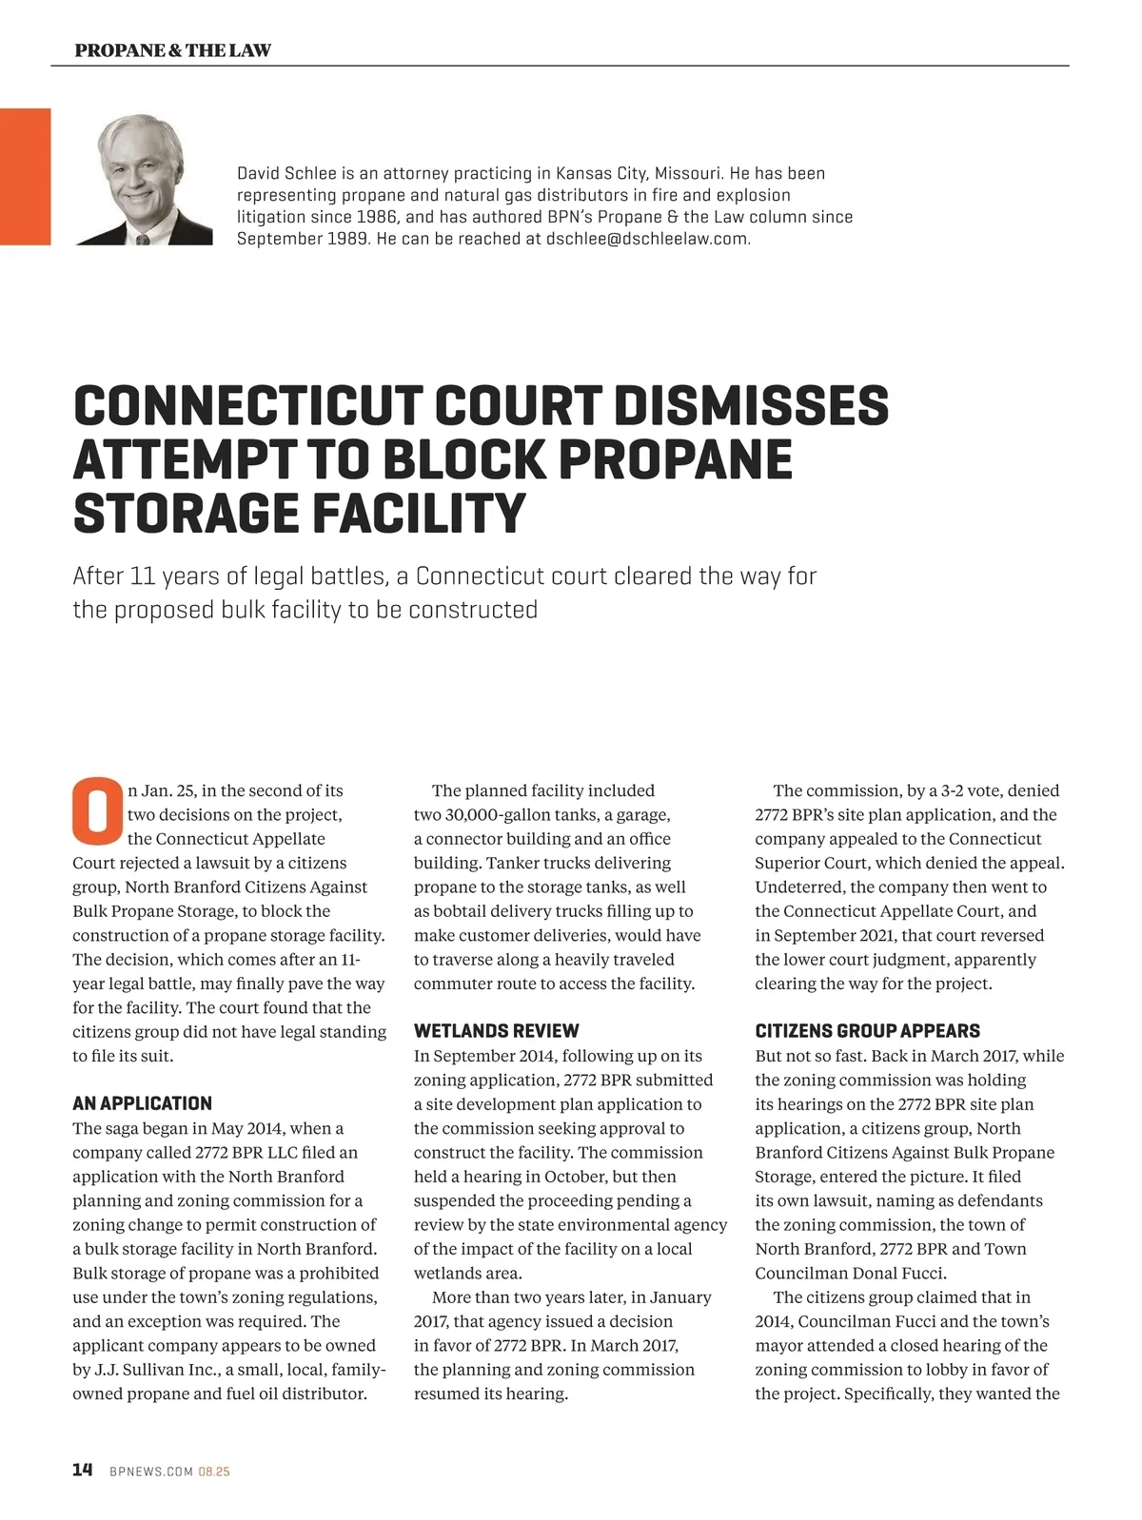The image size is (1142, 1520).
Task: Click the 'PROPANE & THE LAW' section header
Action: [x=172, y=50]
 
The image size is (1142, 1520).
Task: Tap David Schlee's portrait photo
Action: [x=144, y=179]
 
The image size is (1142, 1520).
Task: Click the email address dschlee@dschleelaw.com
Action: [x=647, y=239]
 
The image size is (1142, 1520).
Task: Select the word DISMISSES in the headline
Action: [x=751, y=406]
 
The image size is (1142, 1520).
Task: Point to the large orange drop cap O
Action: [x=97, y=811]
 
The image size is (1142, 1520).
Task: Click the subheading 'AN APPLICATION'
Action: [x=142, y=1103]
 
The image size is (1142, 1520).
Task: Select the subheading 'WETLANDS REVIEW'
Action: [x=496, y=1031]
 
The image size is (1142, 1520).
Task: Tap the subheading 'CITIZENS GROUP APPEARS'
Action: [x=867, y=1031]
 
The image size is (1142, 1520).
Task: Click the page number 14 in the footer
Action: [x=83, y=1471]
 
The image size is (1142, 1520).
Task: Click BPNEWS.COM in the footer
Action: [x=151, y=1471]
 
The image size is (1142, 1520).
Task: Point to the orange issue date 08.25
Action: [x=214, y=1471]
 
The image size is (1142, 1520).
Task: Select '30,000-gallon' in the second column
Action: [x=496, y=815]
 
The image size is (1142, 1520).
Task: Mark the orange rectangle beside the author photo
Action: [x=25, y=177]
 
